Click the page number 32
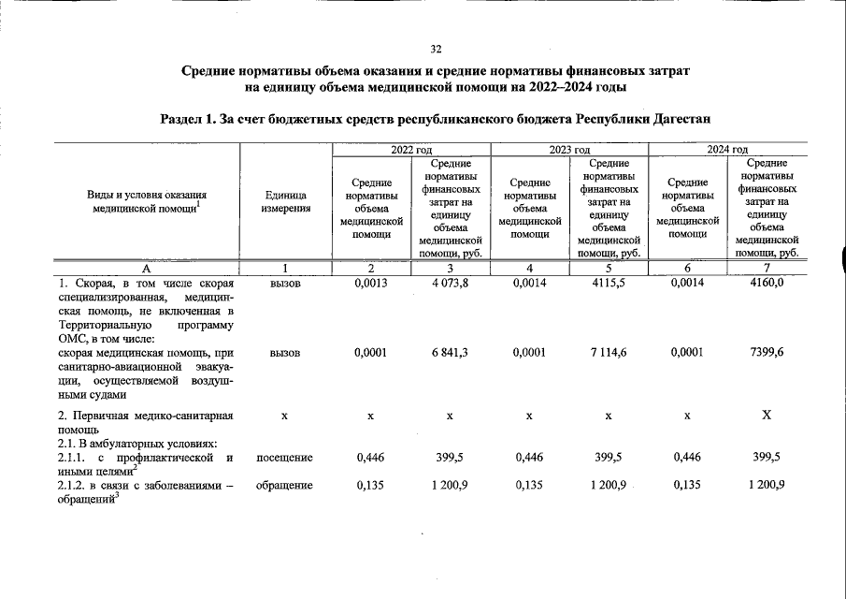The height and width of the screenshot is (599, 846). coord(436,50)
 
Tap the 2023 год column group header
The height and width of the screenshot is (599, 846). coord(569,150)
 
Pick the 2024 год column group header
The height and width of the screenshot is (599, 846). coord(726,150)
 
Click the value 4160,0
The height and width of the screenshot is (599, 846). coord(767,284)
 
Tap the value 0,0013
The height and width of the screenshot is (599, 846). coord(371,284)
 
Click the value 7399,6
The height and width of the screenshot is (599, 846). coord(767,353)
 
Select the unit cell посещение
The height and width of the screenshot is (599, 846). coord(284,457)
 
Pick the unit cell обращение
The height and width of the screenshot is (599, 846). coord(284,485)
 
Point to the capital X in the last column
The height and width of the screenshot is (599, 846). coord(767,415)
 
